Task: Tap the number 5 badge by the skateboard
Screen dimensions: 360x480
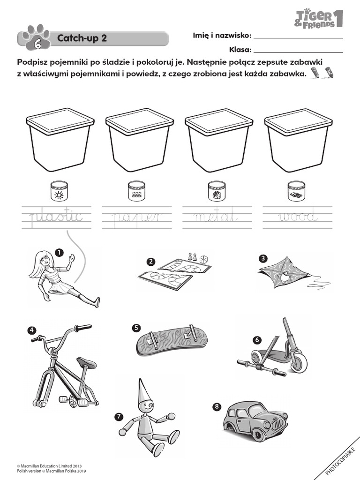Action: click(136, 328)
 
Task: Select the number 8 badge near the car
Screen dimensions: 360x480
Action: click(217, 406)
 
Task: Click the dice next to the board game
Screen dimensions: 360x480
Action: click(204, 260)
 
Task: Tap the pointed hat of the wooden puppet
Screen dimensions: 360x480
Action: click(142, 391)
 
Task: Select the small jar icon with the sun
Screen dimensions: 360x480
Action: click(59, 191)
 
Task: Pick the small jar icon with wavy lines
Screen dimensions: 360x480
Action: click(136, 191)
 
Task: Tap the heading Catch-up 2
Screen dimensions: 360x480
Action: click(82, 38)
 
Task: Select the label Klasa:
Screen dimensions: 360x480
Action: click(240, 50)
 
